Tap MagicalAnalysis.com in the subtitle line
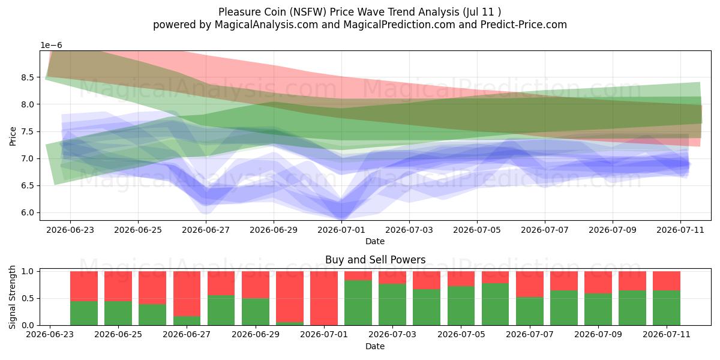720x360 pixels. (266, 25)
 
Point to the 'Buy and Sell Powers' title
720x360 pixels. (376, 260)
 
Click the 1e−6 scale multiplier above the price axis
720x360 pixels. (51, 46)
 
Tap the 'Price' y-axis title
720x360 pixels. (13, 137)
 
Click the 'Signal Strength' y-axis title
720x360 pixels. (12, 298)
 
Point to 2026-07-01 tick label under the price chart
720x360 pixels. (341, 230)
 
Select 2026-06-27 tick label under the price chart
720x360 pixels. (206, 230)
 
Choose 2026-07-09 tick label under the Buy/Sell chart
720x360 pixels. (598, 335)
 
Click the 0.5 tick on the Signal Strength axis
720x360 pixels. (28, 299)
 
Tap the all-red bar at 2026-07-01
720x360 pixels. (324, 298)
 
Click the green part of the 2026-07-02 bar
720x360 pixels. (358, 303)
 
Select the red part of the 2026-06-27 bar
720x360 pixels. (187, 294)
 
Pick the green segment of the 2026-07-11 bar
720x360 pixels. (667, 308)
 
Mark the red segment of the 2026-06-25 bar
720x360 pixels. (118, 286)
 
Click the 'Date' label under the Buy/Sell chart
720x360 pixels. (375, 346)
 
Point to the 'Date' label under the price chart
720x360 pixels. (375, 241)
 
